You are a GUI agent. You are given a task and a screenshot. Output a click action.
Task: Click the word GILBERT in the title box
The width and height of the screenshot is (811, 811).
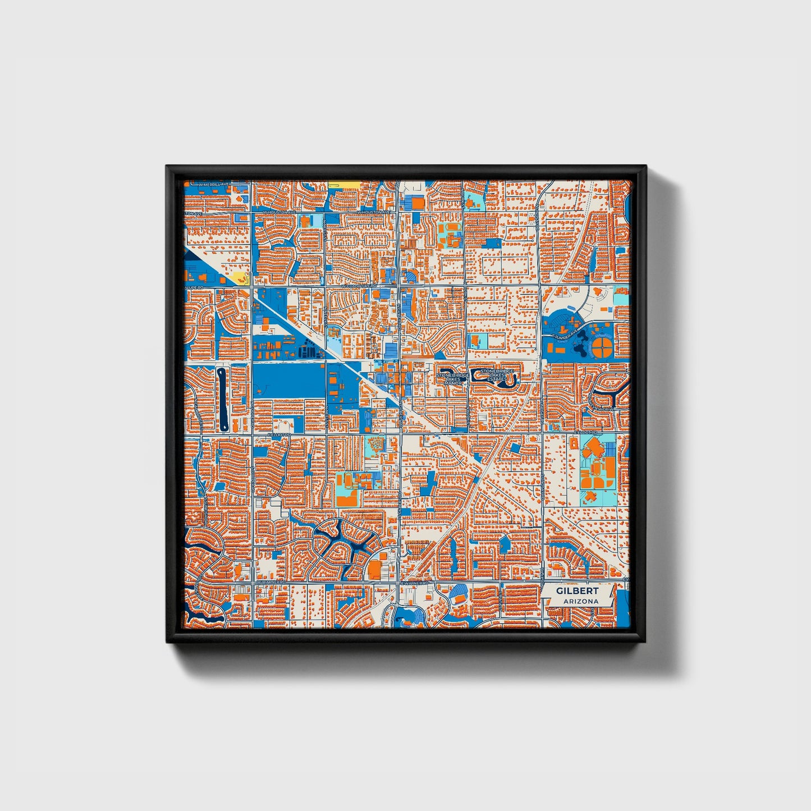pos(577,591)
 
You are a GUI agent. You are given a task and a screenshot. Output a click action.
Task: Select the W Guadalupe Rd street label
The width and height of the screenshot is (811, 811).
pos(359,286)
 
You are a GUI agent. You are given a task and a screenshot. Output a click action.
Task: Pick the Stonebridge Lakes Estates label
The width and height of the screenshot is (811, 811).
pos(497,375)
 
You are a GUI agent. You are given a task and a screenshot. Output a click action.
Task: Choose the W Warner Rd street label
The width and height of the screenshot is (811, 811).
pos(269,583)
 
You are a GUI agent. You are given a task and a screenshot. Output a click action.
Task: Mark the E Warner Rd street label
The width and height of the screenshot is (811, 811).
pos(415,583)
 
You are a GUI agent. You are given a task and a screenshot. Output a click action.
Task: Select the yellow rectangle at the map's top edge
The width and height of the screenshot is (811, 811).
pos(345,184)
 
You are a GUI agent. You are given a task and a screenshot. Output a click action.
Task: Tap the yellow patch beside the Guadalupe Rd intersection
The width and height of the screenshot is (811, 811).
pos(238,278)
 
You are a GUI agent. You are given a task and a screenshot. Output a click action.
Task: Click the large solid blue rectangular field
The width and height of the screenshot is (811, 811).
pos(288,381)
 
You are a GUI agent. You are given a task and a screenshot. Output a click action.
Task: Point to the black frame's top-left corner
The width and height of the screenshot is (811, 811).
pos(168,167)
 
